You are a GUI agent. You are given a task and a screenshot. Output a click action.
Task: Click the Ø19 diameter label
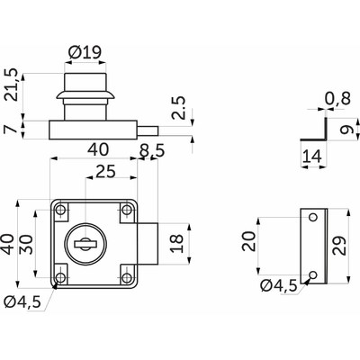click(x=86, y=51)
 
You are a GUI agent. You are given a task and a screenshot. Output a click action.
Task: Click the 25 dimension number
click(x=104, y=170)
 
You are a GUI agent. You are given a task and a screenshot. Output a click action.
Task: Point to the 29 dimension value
click(x=339, y=245)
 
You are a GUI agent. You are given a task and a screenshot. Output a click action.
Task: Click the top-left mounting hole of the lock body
click(x=61, y=211)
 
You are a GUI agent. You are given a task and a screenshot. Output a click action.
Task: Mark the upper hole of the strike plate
click(x=312, y=216)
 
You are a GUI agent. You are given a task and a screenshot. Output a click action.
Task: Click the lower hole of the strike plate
click(x=312, y=274)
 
